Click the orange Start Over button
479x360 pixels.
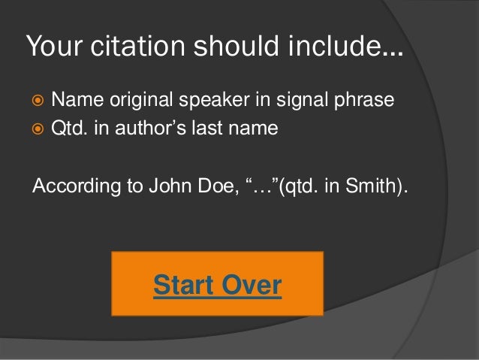(x=218, y=284)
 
